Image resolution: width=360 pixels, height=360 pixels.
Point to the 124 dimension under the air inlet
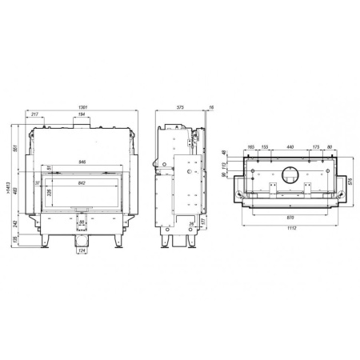82,253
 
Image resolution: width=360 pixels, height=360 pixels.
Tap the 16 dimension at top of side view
210,106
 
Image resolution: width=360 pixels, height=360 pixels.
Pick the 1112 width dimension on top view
290,229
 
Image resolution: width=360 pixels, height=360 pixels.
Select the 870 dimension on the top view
290,217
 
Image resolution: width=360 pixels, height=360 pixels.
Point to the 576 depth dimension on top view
353,181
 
